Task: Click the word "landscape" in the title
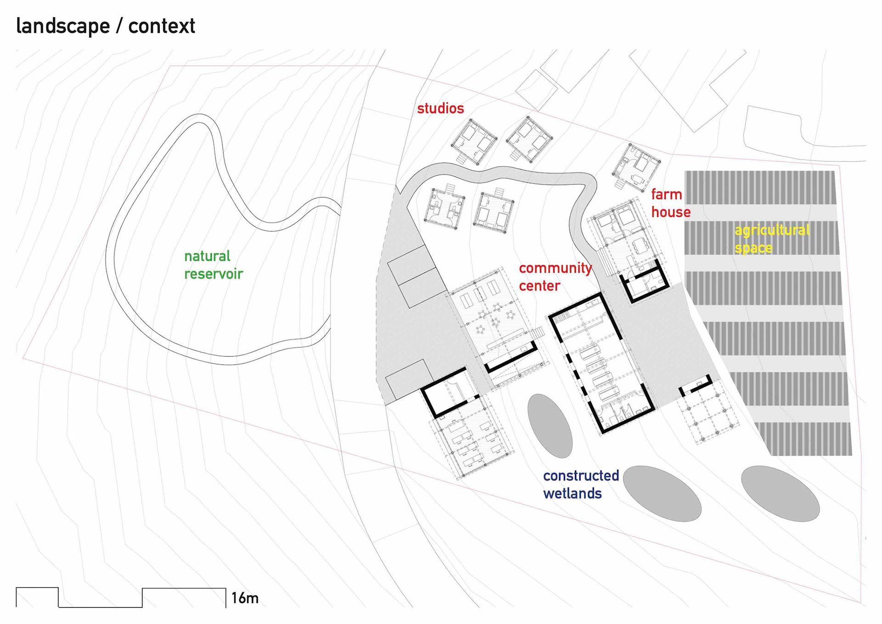tap(62, 26)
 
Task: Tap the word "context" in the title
tap(162, 26)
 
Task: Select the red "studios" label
tap(440, 109)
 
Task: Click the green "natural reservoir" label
tap(213, 265)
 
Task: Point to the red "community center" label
tap(555, 277)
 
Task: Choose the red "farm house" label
tap(670, 203)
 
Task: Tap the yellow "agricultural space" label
tap(772, 239)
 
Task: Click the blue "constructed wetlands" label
tap(581, 484)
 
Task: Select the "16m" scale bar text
tap(245, 598)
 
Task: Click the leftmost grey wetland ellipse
tap(550, 426)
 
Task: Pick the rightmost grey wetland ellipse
tap(780, 493)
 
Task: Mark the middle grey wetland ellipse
tap(662, 493)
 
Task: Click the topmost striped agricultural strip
tap(759, 188)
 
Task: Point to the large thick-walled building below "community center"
tap(601, 362)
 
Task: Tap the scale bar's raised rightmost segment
tap(184, 597)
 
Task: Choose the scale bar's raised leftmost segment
tap(37, 597)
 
